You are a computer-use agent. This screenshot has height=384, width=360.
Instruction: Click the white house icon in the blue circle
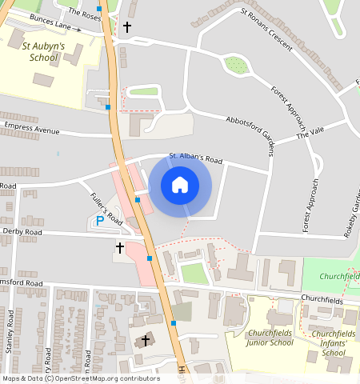pos(180,186)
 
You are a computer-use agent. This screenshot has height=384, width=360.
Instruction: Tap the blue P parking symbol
pos(100,220)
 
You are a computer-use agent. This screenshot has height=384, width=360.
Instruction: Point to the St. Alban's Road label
pos(195,159)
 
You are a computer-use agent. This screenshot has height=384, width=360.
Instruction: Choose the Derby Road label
pos(22,232)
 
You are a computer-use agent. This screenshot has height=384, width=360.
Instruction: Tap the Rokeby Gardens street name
pos(350,212)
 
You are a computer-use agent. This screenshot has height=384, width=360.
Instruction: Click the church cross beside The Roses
pos(127,27)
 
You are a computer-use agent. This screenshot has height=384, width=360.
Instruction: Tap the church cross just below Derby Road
pos(120,248)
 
